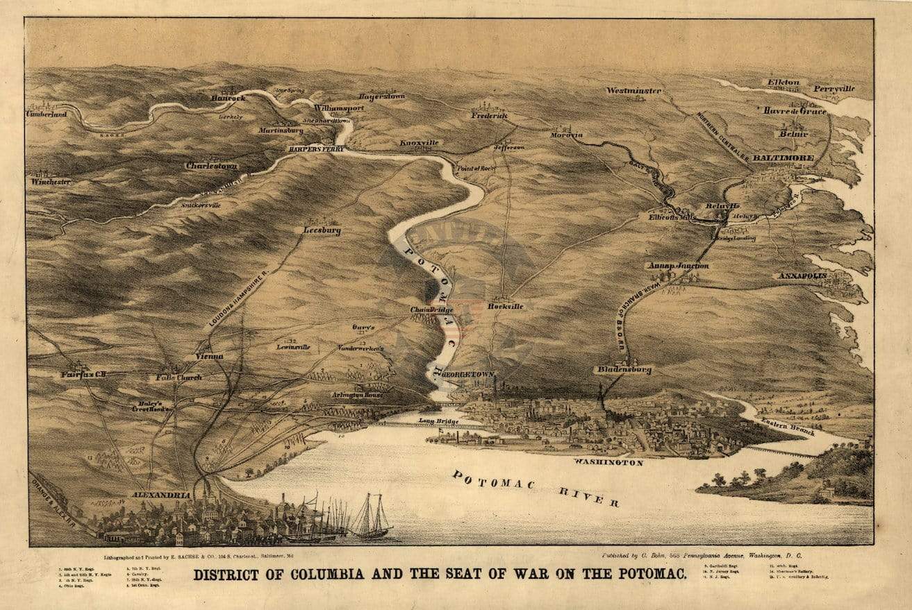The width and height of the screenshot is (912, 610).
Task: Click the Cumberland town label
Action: coord(47,113)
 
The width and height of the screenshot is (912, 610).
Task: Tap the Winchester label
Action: coord(51,182)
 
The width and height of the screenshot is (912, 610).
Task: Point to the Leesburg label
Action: coord(322,230)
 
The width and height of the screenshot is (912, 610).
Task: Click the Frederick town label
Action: coord(490,116)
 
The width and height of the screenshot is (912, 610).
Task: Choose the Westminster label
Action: coord(633,91)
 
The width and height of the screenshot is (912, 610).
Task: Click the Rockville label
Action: coord(505,305)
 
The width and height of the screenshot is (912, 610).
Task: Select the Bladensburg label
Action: coord(624,370)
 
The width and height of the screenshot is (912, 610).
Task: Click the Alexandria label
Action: coord(161,495)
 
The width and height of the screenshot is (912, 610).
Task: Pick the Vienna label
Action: coord(209,356)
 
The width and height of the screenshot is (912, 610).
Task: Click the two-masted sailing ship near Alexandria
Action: coord(372,518)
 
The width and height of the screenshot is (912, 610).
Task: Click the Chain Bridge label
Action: coord(431,310)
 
